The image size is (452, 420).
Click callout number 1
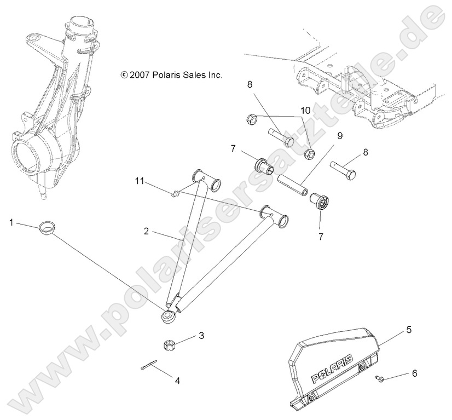(11, 222)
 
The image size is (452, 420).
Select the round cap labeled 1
(47, 227)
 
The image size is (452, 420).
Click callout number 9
(340, 135)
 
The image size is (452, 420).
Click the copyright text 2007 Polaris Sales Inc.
(164, 75)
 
